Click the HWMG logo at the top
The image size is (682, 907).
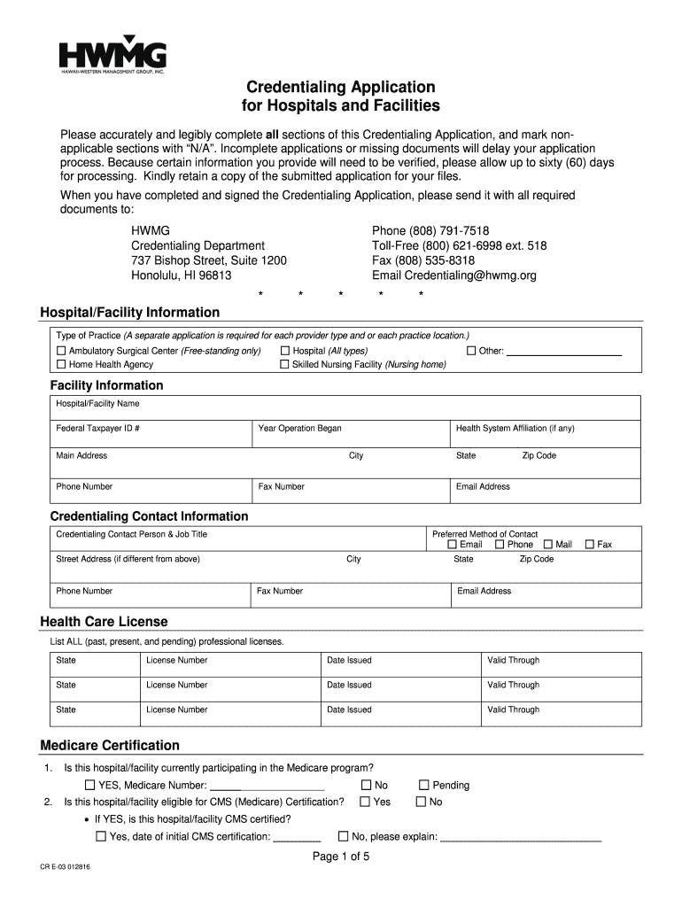click(112, 56)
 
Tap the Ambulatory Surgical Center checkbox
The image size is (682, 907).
click(61, 351)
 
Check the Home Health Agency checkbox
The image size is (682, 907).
click(61, 364)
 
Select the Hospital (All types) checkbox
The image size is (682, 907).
click(284, 351)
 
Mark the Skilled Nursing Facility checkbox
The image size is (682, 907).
click(284, 364)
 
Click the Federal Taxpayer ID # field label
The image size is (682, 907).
click(97, 429)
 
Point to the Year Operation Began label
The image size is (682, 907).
click(299, 429)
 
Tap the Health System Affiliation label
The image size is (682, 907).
click(515, 429)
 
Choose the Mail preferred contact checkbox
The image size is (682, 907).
click(548, 545)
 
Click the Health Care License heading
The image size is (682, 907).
click(104, 622)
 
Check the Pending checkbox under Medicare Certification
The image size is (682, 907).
click(423, 785)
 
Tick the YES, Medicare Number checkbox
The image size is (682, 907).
click(89, 785)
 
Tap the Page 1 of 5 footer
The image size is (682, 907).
click(341, 857)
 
